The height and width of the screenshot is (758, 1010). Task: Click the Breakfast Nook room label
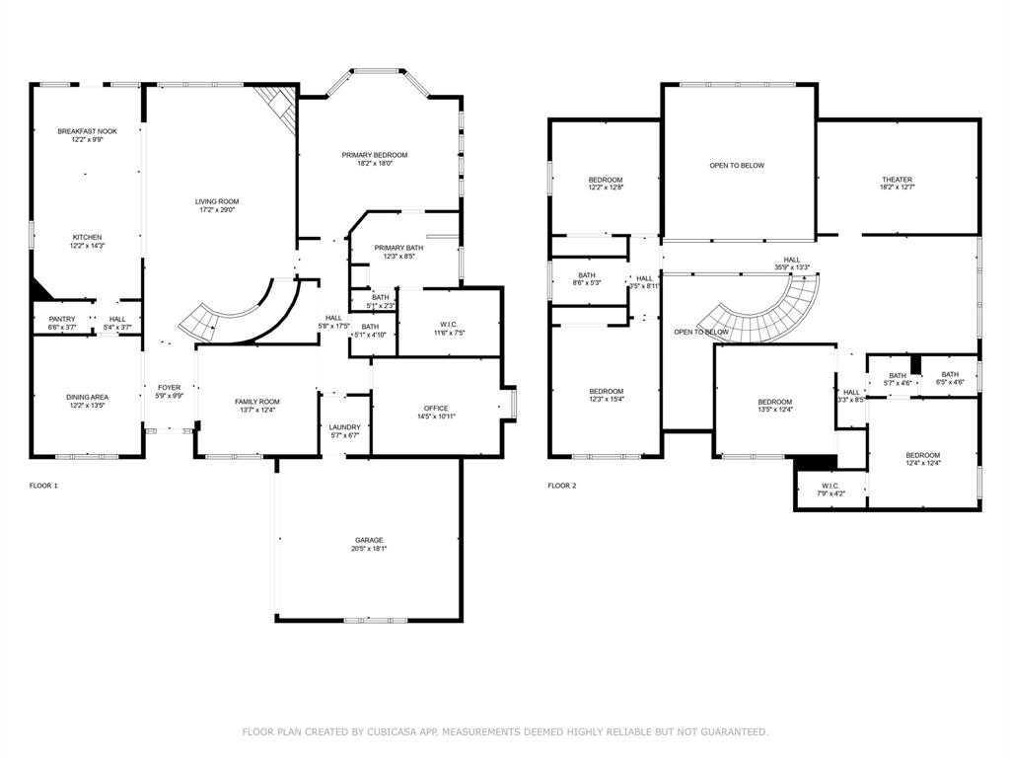[x=87, y=131]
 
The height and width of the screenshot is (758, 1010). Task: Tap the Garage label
[x=370, y=540]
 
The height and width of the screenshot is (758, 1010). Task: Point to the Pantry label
[x=62, y=319]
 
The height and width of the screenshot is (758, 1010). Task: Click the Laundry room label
[x=344, y=426]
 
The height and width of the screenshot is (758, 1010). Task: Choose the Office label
[x=436, y=408]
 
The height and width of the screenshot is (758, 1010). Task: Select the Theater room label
[x=897, y=180]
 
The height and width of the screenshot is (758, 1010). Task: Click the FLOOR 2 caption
[x=562, y=486]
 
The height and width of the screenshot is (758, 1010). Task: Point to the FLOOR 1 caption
[x=44, y=486]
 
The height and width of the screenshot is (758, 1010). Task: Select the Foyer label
[x=169, y=388]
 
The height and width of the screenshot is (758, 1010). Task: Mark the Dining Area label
[x=88, y=397]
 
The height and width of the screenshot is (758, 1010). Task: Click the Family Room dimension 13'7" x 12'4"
[x=256, y=411]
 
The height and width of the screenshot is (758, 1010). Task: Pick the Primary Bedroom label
[x=375, y=155]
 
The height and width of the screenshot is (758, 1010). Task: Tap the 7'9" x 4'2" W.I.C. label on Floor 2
[x=830, y=493]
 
